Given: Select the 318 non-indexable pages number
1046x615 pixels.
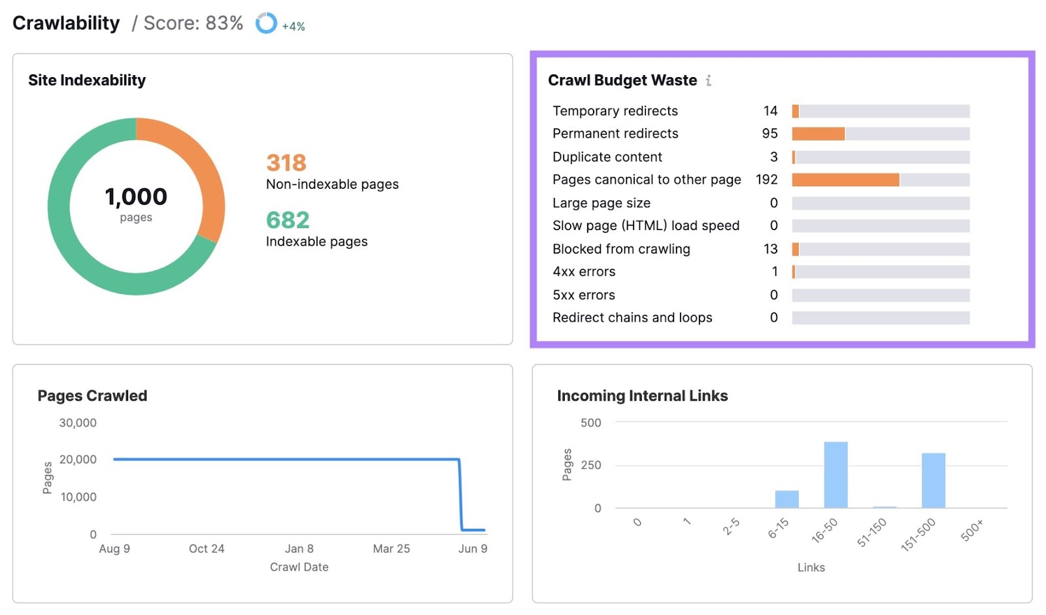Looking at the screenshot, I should [286, 163].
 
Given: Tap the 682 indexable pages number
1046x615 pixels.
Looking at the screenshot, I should [288, 220].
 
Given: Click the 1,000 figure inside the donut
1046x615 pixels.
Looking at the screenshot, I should [136, 197].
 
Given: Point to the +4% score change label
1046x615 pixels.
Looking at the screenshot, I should [294, 27].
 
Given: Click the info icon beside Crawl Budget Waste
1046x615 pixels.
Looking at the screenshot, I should [709, 80].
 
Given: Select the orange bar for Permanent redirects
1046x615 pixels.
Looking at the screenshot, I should [818, 134].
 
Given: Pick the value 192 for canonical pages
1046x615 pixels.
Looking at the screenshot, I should [766, 180].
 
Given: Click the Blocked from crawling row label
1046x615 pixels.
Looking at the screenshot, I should [621, 249].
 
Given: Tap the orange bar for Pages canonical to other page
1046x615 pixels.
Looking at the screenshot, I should [845, 180].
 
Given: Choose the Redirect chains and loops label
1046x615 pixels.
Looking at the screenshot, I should [632, 318].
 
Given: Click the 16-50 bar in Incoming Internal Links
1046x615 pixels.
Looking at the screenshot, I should [835, 475].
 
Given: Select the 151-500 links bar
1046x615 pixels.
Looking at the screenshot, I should [933, 480].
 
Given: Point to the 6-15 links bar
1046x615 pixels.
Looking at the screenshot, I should [786, 499].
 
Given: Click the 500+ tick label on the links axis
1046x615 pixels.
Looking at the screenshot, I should [972, 530].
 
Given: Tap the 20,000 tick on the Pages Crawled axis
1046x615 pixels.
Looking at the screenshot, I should [78, 459].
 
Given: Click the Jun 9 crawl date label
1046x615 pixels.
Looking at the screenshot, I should [473, 549].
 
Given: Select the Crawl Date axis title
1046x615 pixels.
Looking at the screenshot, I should [299, 567].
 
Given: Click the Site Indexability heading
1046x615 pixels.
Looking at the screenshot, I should [87, 80].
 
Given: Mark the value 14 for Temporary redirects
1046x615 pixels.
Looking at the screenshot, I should [770, 111].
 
